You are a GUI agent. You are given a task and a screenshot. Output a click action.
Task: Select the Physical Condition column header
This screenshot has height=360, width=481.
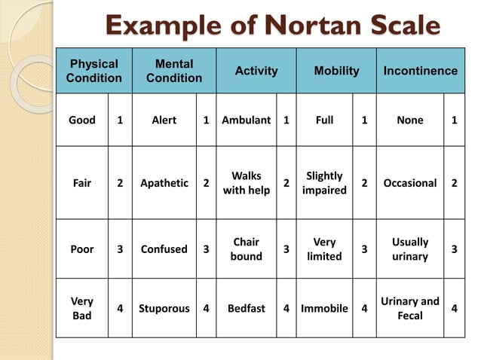click(x=93, y=71)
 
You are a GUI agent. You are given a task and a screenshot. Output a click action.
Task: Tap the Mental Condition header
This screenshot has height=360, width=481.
click(x=174, y=71)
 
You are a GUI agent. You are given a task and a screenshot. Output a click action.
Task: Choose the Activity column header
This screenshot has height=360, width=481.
click(x=256, y=71)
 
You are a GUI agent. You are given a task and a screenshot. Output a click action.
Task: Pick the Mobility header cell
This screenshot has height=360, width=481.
click(x=336, y=71)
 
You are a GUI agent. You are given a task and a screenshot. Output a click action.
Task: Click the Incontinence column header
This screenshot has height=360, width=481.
click(x=420, y=71)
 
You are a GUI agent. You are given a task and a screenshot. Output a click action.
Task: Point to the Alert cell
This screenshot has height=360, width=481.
click(x=164, y=120)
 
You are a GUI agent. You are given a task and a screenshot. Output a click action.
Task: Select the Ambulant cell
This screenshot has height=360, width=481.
click(x=247, y=120)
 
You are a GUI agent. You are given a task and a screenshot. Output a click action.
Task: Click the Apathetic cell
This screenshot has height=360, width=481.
click(x=164, y=183)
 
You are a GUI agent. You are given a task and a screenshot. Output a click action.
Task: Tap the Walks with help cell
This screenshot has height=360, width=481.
click(x=247, y=183)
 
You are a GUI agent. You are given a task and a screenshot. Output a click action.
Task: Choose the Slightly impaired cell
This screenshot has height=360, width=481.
click(x=324, y=183)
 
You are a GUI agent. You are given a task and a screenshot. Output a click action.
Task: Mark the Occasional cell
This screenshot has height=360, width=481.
click(x=410, y=183)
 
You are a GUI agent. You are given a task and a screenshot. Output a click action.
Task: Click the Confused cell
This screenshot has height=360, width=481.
click(x=164, y=249)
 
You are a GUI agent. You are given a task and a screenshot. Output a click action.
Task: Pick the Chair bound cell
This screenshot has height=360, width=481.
click(x=247, y=249)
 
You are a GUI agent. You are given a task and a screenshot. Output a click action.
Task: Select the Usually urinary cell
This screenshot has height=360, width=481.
click(x=410, y=249)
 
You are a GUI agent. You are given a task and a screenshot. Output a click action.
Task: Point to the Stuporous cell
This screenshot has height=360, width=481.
click(x=164, y=308)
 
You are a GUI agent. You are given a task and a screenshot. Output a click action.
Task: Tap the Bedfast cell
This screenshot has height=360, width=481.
click(x=247, y=308)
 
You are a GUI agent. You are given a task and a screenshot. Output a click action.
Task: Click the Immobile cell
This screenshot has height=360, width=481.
click(x=324, y=308)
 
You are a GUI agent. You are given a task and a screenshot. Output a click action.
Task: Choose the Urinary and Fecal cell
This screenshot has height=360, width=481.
click(x=410, y=308)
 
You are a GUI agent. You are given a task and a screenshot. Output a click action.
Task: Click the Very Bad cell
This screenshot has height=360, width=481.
click(x=82, y=308)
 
